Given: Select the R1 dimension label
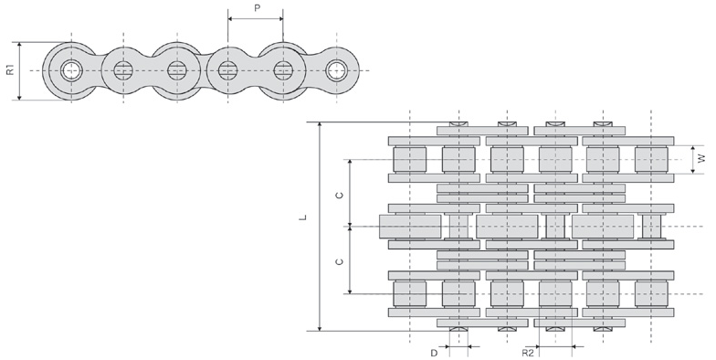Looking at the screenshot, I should [x=10, y=69].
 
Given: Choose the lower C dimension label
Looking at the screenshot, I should [x=340, y=261].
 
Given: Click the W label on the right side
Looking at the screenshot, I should [x=700, y=159].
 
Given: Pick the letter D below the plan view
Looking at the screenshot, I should [x=433, y=351].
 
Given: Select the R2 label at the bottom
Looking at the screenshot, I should [x=528, y=351].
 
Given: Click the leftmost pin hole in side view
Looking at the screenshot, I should [x=70, y=69].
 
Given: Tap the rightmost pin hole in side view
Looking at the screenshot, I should [x=339, y=69].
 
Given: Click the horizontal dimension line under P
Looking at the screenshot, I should [x=255, y=19].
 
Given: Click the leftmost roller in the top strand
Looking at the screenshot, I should [x=410, y=159].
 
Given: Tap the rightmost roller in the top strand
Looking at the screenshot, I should [x=650, y=159].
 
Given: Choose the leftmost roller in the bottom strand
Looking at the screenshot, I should [x=410, y=294].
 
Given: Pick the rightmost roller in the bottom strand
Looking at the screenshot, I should [x=650, y=294].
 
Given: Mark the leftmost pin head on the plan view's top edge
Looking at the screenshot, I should [x=458, y=124].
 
